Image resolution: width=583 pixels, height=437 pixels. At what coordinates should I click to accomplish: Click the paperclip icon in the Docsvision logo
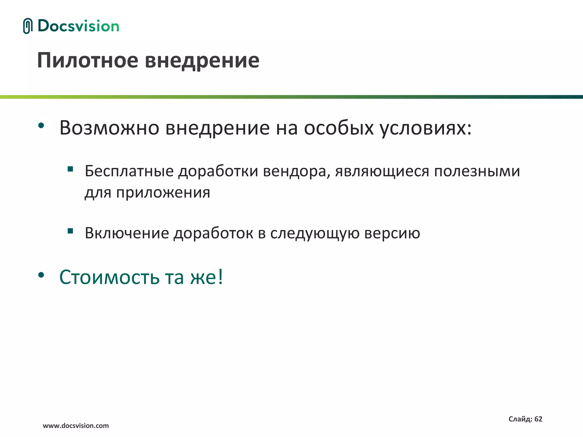(28, 26)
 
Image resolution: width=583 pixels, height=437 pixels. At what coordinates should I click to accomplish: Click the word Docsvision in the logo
(78, 26)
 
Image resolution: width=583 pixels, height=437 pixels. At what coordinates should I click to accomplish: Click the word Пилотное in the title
(88, 60)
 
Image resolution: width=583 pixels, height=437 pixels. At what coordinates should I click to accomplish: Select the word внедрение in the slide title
(202, 60)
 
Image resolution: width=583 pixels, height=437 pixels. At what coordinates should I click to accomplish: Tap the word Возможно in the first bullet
(109, 128)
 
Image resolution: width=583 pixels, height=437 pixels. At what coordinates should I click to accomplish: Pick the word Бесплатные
(129, 171)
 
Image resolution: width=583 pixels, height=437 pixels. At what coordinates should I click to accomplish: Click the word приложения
(163, 193)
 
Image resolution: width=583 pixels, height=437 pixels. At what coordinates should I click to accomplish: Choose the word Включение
(127, 233)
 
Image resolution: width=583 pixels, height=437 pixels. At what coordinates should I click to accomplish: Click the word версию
(392, 234)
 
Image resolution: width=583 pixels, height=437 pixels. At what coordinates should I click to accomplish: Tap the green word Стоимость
(109, 277)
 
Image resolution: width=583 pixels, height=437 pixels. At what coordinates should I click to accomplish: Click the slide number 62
(538, 419)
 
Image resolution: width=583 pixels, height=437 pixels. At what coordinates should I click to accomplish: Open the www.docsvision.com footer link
(76, 426)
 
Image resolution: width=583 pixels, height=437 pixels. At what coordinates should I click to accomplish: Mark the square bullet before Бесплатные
(70, 169)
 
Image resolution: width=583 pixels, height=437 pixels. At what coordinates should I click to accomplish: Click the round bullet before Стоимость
(41, 275)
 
